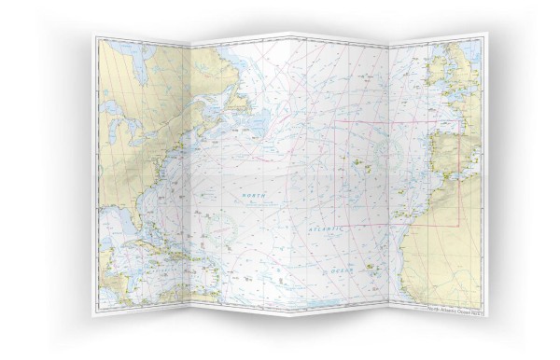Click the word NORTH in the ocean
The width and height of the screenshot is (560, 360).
tap(254, 193)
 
